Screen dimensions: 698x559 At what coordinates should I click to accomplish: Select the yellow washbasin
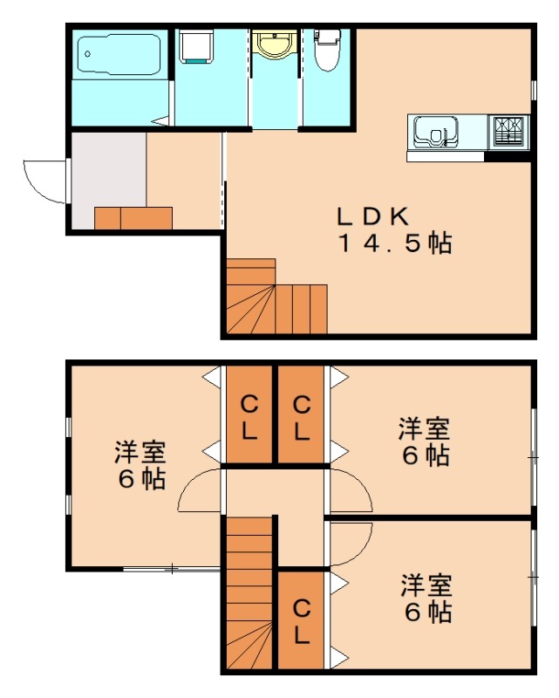click(x=275, y=44)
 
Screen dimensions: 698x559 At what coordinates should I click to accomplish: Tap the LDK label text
click(x=373, y=215)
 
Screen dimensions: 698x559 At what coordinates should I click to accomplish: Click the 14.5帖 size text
click(x=395, y=243)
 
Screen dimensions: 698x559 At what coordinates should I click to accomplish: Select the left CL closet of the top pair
click(x=249, y=415)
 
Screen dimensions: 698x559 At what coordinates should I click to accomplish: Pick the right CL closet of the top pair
click(x=301, y=415)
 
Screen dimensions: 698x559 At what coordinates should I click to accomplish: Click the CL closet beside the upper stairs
click(x=301, y=619)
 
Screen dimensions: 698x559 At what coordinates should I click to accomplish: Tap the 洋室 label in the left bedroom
click(x=140, y=452)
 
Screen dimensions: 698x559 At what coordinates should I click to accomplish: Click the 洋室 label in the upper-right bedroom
click(x=425, y=428)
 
